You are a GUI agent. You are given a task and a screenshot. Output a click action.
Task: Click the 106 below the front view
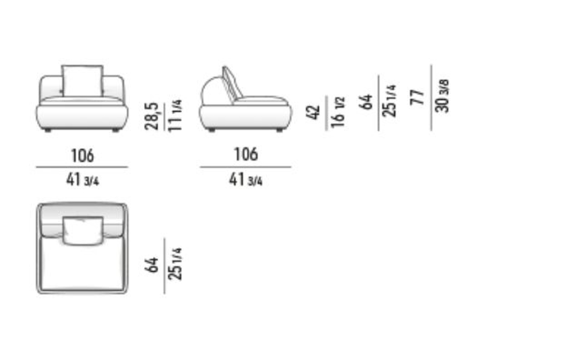click(x=82, y=156)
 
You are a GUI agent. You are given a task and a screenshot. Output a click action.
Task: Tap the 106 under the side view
click(x=246, y=154)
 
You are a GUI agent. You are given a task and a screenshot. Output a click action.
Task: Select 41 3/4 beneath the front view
click(x=83, y=180)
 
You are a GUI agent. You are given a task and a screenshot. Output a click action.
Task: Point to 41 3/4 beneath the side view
click(x=246, y=180)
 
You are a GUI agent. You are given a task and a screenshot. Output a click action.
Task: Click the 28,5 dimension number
click(x=152, y=116)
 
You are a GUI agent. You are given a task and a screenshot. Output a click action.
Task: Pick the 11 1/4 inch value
click(x=175, y=115)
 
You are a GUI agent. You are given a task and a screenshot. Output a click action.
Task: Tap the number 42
click(x=313, y=112)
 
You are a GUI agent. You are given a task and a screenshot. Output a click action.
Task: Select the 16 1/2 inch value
click(x=338, y=112)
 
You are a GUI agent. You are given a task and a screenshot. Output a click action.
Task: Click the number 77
click(x=417, y=97)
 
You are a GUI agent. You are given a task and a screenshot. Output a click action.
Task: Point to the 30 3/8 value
click(x=442, y=95)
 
